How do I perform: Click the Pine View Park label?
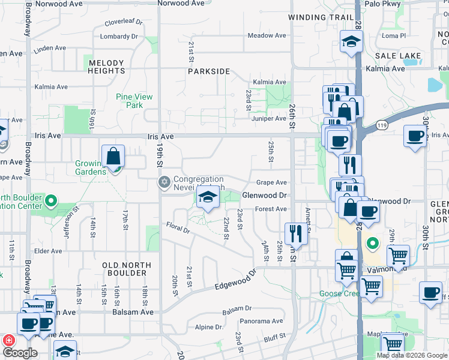tap(134, 101)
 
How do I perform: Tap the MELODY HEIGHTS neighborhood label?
tap(106, 67)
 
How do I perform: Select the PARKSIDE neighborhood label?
tap(209, 71)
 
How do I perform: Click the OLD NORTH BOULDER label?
tap(124, 269)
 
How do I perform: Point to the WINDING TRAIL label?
tap(321, 17)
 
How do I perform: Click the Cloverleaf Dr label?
tap(124, 22)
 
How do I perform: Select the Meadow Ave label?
tap(267, 36)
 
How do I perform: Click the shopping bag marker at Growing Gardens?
tap(113, 157)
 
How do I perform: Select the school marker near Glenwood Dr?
tap(208, 197)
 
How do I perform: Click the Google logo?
tap(20, 353)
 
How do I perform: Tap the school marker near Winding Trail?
tap(352, 41)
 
